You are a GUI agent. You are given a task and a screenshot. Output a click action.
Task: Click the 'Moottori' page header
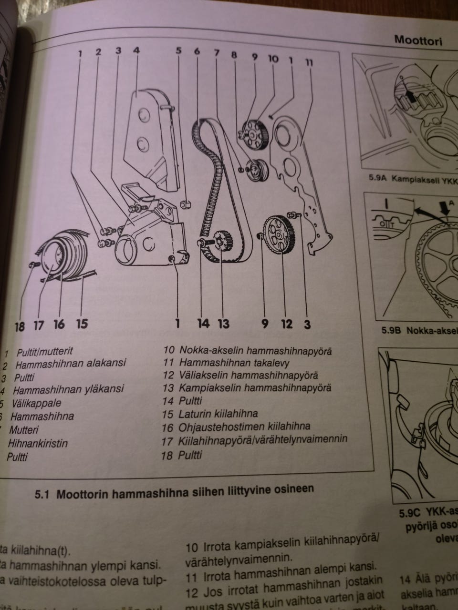(418, 41)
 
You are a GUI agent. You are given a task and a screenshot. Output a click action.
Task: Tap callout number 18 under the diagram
(20, 326)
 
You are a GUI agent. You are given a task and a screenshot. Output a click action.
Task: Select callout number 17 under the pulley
(39, 325)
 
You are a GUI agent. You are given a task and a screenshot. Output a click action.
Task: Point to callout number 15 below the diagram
(82, 324)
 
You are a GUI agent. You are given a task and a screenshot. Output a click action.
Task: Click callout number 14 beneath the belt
(203, 324)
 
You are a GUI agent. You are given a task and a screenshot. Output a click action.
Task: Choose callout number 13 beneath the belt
(223, 324)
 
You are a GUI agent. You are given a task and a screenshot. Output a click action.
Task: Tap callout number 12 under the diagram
(286, 324)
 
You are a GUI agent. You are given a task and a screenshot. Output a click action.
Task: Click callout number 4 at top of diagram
(136, 50)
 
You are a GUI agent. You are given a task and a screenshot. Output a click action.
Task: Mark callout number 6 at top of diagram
(197, 51)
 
